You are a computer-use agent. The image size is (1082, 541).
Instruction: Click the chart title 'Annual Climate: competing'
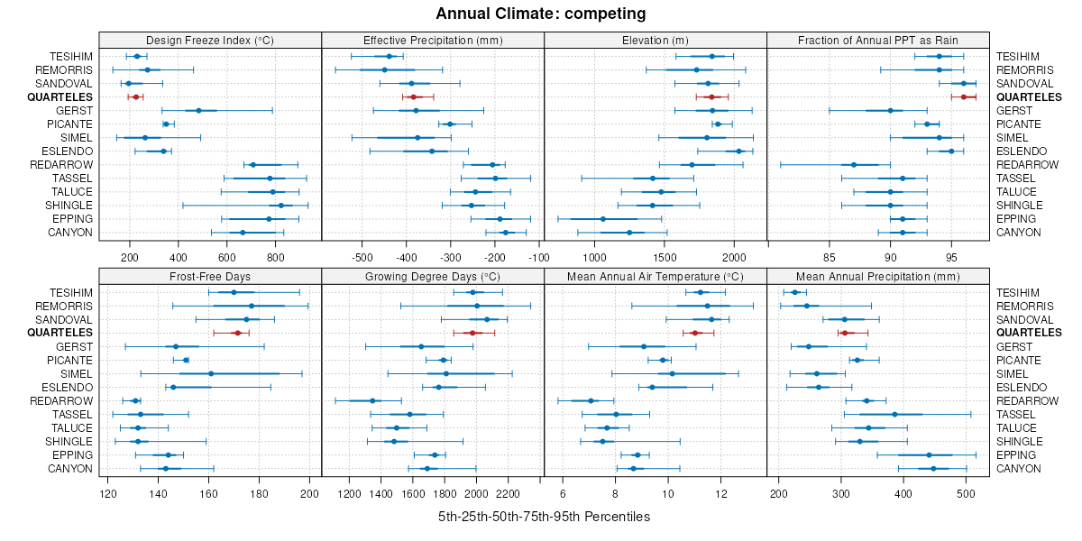click(x=541, y=14)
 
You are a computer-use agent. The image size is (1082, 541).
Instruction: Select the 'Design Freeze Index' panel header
click(x=210, y=40)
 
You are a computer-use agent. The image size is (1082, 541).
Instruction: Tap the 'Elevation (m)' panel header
click(x=656, y=40)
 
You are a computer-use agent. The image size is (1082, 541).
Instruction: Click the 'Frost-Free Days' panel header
click(x=210, y=275)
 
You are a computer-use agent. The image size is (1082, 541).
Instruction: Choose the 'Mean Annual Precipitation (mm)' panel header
click(x=877, y=275)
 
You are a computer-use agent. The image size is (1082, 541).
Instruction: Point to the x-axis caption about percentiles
click(x=544, y=517)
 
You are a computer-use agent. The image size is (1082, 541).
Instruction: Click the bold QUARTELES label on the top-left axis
click(x=60, y=97)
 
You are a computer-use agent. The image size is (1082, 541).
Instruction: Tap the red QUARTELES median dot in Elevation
click(x=711, y=97)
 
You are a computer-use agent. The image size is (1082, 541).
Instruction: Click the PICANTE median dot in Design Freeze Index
click(x=166, y=124)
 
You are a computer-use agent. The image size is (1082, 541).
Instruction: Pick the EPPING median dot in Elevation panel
click(x=603, y=219)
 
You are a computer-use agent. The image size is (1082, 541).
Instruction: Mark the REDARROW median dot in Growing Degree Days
click(x=373, y=401)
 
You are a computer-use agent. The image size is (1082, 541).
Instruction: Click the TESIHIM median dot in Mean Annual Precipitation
click(x=794, y=292)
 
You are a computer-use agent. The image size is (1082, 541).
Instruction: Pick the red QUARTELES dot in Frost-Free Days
click(x=237, y=333)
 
